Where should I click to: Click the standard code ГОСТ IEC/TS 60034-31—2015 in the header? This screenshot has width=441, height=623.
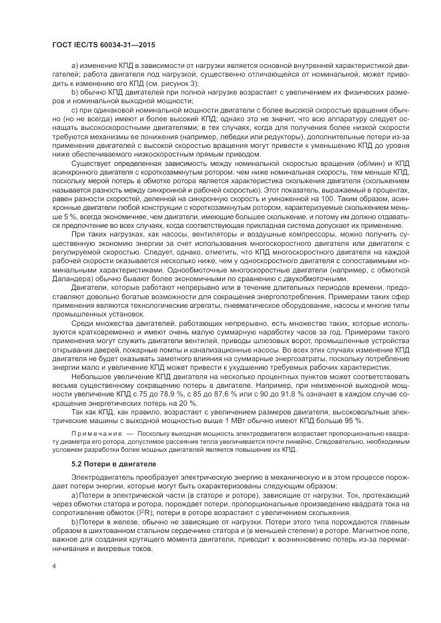click(x=97, y=43)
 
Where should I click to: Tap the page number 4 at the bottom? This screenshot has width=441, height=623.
click(x=53, y=565)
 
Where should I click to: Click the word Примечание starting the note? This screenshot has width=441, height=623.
click(x=95, y=432)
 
